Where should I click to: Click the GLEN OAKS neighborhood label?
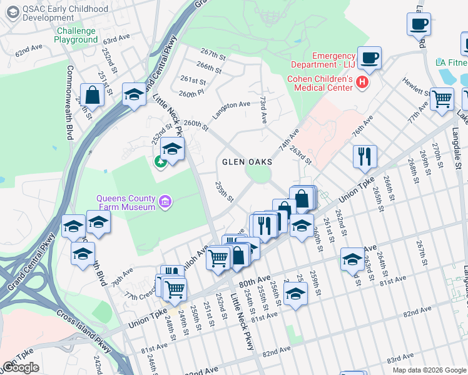pos(247,162)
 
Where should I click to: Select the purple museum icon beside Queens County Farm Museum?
pos(165,201)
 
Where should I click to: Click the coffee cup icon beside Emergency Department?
pos(369,57)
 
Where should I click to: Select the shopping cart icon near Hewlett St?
pos(442,98)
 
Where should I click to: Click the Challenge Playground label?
pos(76,36)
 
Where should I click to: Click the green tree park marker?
pos(160,162)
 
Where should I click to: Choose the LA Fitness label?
pos(451,62)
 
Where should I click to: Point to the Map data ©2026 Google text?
pos(429,370)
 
